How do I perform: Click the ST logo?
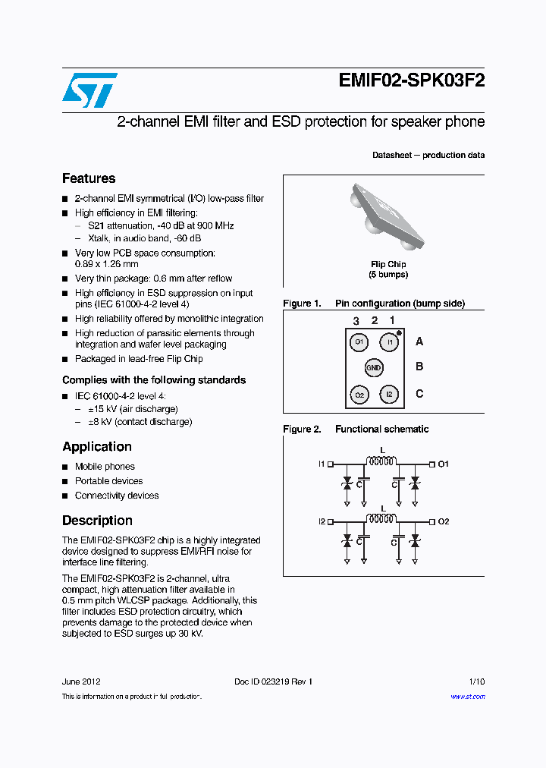[x=89, y=90]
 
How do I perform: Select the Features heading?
[x=89, y=178]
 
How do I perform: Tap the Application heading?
[x=97, y=447]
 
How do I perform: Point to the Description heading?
[x=97, y=521]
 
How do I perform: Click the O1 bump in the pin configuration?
[x=359, y=342]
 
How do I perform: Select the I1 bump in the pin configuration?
[x=388, y=342]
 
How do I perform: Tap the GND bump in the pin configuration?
[x=373, y=368]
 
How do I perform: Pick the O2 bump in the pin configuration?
[x=359, y=395]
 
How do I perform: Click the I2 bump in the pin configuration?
[x=388, y=395]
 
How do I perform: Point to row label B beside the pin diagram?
[x=419, y=367]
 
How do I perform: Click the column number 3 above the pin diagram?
[x=356, y=321]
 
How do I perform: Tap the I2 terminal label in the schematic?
[x=322, y=521]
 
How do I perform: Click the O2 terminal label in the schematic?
[x=444, y=521]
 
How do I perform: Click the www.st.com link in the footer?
[x=467, y=697]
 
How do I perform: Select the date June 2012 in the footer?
[x=81, y=681]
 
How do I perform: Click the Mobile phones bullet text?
[x=105, y=467]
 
